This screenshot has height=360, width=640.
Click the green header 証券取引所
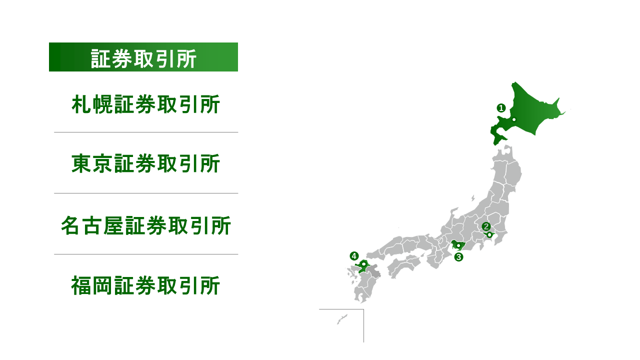point(143,57)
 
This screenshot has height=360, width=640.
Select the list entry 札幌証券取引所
point(145,105)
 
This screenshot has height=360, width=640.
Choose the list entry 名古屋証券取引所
point(145,225)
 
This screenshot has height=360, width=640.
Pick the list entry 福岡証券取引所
point(145,286)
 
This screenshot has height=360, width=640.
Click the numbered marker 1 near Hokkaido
point(500,107)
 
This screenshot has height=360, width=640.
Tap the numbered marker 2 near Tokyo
point(485,225)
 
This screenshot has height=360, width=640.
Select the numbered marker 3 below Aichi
point(458,257)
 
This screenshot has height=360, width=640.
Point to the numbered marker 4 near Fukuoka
point(354,256)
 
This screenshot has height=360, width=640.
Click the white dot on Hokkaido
point(513,119)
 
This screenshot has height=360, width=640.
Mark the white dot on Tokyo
point(489,234)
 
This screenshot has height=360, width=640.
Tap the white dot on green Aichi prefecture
point(458,245)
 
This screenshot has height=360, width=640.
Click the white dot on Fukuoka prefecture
point(363,264)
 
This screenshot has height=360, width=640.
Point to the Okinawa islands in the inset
point(342,318)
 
